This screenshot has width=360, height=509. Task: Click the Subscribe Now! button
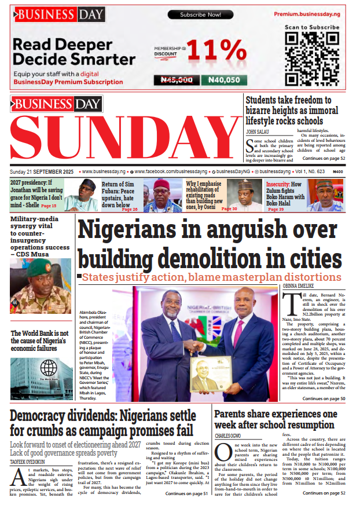tap(200, 14)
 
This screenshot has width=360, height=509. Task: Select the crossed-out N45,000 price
tap(177, 80)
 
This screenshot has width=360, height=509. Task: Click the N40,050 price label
tap(224, 80)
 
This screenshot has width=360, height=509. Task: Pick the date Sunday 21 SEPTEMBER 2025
tap(42, 172)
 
